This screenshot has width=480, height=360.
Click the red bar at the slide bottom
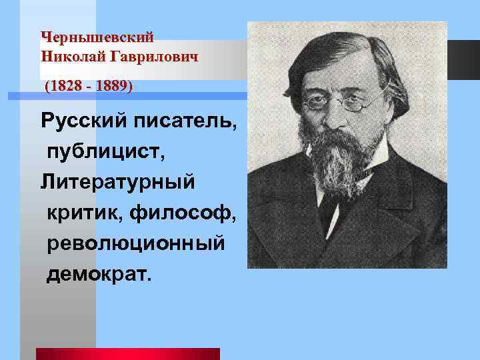127,353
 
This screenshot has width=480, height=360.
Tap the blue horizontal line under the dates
127,97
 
